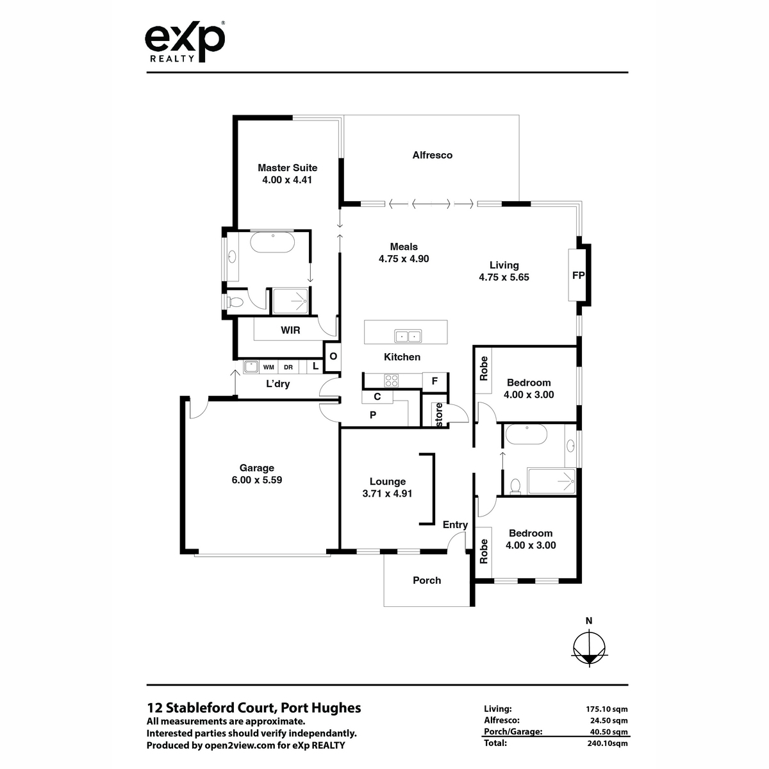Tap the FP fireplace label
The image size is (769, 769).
(x=578, y=276)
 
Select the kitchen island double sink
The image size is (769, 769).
(x=408, y=336)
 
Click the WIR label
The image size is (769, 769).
(x=290, y=331)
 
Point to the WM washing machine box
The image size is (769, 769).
(x=269, y=367)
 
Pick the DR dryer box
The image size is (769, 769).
(x=288, y=367)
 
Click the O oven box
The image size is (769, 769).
(x=333, y=356)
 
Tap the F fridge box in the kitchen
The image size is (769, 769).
(x=434, y=381)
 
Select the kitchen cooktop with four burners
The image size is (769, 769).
(x=391, y=380)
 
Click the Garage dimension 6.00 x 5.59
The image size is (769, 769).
(x=257, y=480)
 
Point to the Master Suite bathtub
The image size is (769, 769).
(x=272, y=243)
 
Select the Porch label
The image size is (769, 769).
(x=427, y=580)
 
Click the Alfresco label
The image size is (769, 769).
(x=432, y=155)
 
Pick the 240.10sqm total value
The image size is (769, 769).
(x=608, y=743)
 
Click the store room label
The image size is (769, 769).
(x=439, y=415)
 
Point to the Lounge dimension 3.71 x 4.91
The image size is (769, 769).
(x=387, y=493)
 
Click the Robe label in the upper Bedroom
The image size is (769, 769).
(x=484, y=368)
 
